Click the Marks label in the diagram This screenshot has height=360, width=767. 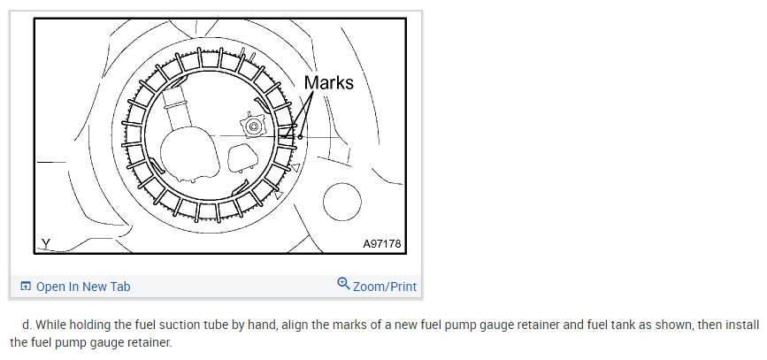(x=328, y=82)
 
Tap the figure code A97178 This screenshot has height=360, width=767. (x=381, y=243)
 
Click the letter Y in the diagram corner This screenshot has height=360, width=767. (x=45, y=243)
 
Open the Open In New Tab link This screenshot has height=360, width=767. (x=83, y=286)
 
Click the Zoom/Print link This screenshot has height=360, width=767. (x=385, y=286)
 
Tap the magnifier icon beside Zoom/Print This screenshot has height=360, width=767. (x=343, y=283)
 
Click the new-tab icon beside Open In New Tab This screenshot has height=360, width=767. (x=26, y=286)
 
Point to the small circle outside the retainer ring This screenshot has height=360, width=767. (x=342, y=202)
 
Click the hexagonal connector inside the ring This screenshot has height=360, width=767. (x=253, y=126)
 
